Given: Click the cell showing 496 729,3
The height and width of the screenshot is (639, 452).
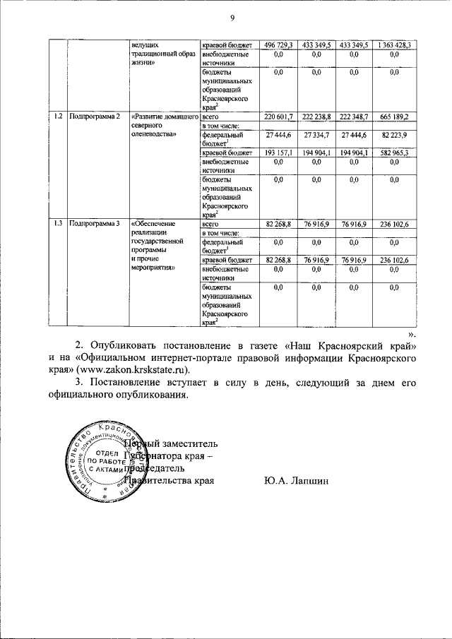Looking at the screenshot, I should pyautogui.click(x=278, y=44).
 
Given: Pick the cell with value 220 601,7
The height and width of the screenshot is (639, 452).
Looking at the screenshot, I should pyautogui.click(x=278, y=116).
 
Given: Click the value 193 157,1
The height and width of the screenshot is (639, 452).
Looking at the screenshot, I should pyautogui.click(x=278, y=152).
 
